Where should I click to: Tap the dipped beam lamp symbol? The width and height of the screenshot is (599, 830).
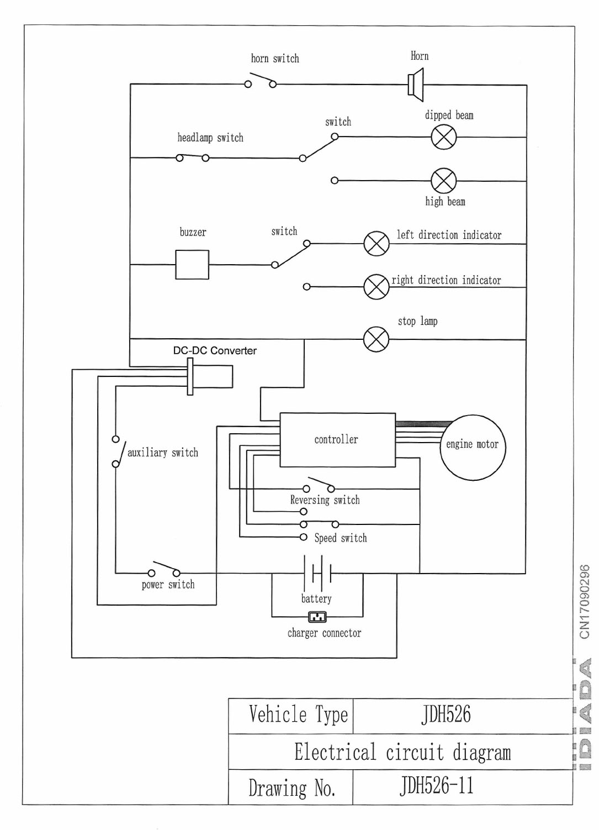tap(444, 137)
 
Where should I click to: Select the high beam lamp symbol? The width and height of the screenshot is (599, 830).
tap(444, 181)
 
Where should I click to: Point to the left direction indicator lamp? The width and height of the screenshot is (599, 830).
tap(377, 244)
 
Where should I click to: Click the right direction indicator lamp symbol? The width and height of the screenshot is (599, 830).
tap(377, 287)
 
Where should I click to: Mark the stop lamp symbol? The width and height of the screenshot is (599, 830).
tap(377, 339)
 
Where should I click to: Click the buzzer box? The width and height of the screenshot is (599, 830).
tap(192, 265)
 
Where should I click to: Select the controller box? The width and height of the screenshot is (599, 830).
tap(337, 440)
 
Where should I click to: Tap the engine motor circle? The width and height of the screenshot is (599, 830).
tap(473, 447)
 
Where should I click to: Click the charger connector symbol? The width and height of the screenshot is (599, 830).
tap(317, 617)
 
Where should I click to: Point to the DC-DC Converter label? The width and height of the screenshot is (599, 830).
tap(215, 351)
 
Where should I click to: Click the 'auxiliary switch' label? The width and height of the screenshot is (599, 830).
tap(163, 453)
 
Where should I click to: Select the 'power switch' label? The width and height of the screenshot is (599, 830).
tap(168, 585)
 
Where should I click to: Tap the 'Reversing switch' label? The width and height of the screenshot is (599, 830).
tap(325, 500)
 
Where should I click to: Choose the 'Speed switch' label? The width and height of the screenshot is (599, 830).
tap(340, 538)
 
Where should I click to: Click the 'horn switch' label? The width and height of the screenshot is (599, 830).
tap(275, 59)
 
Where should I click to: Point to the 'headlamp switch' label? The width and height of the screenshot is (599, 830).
tap(210, 138)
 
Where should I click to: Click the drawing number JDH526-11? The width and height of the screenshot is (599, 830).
tap(436, 786)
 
